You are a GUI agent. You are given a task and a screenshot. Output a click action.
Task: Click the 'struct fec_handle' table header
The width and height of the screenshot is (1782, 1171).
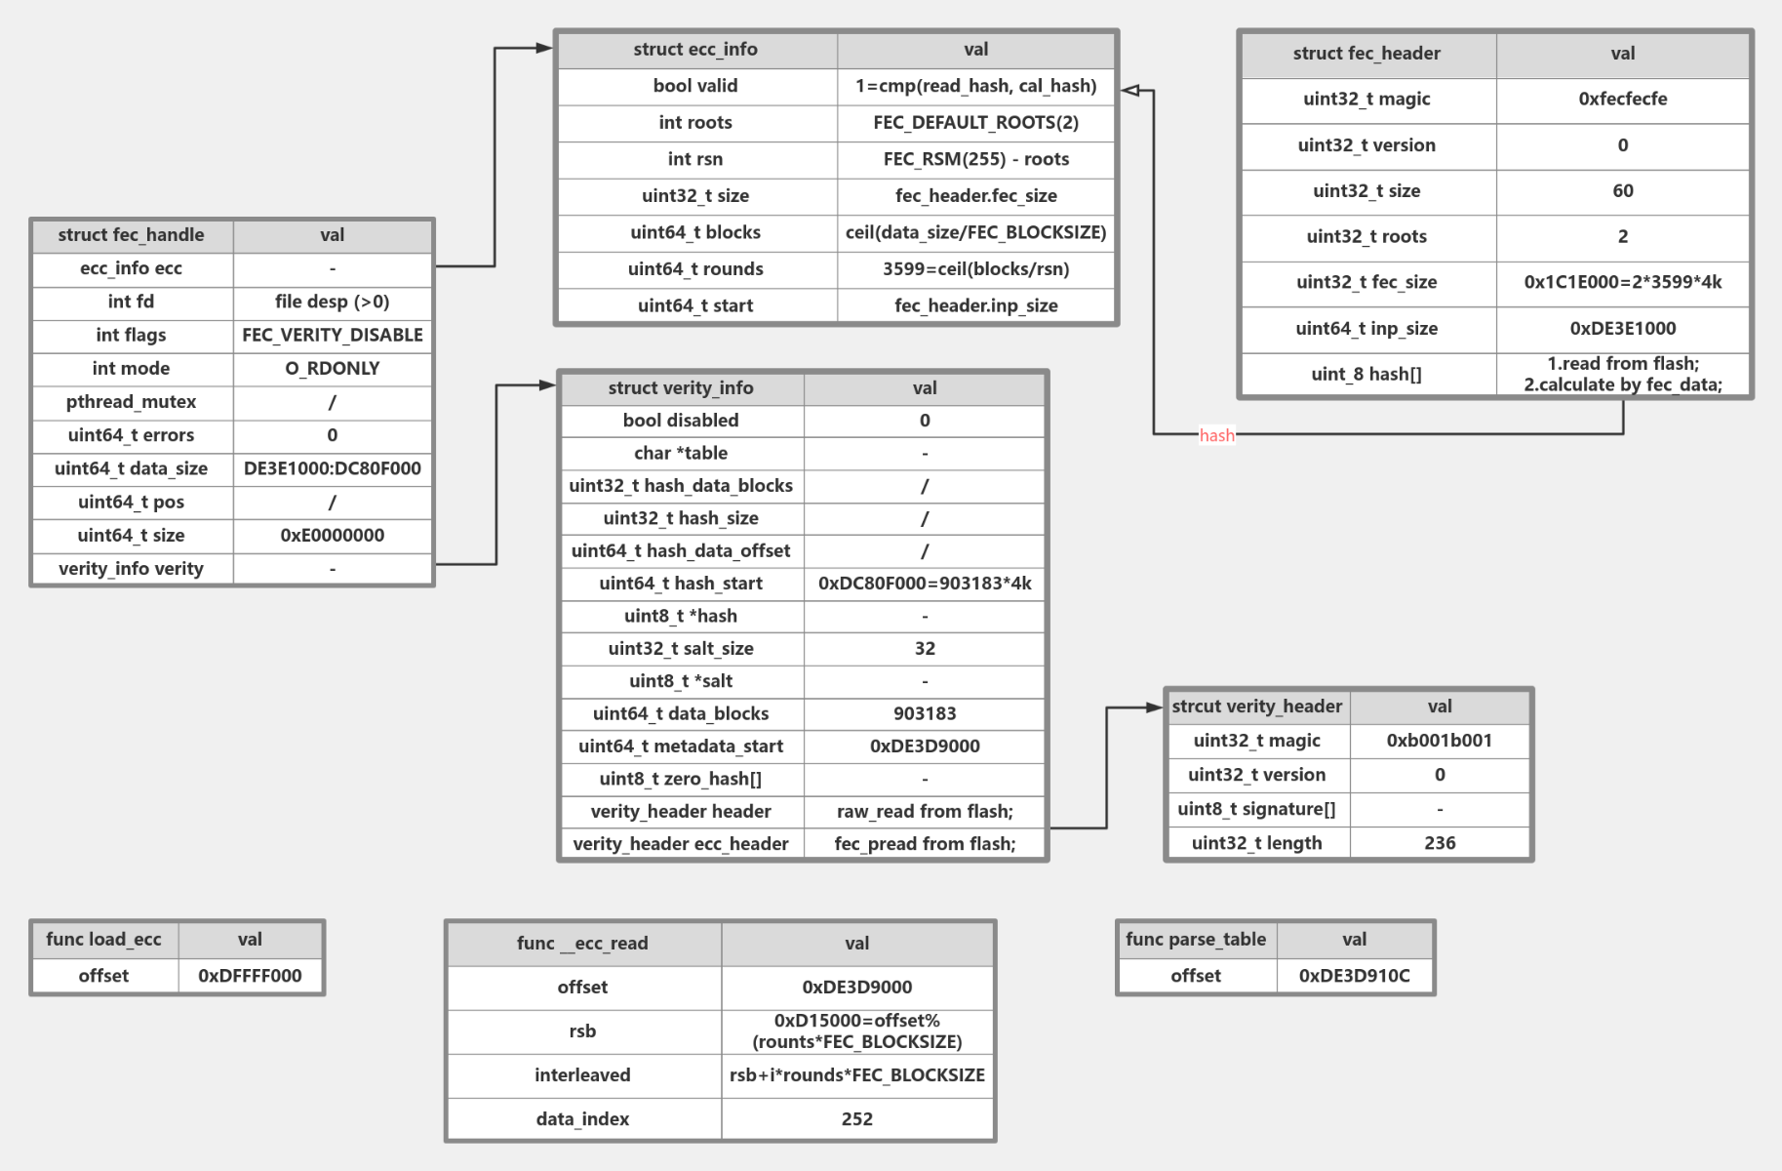pos(131,235)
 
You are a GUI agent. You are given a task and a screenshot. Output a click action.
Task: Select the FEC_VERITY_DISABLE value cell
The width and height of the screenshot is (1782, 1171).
pos(332,335)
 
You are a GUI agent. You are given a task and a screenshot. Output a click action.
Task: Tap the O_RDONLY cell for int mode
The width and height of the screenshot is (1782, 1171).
pos(332,368)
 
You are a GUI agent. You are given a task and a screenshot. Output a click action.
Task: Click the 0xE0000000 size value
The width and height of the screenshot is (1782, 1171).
pos(332,535)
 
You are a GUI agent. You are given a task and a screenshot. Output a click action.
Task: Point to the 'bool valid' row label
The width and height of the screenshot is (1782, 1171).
pos(694,86)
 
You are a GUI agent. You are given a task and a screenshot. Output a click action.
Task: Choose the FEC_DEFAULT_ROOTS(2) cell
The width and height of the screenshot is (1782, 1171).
pos(975,122)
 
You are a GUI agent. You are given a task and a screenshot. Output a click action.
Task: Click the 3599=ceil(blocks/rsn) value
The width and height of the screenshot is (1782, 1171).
pos(975,268)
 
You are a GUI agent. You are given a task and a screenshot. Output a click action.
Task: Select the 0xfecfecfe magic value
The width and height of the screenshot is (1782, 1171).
pos(1622,99)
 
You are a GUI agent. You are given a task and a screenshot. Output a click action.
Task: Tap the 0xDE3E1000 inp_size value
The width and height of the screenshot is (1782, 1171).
pos(1622,328)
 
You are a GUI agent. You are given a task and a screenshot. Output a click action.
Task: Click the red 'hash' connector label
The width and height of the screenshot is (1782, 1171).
pos(1216,435)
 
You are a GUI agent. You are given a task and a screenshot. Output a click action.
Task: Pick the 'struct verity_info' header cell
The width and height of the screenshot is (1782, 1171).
pos(680,387)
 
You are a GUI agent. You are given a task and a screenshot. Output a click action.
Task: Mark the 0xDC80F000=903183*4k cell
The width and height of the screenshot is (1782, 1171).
pos(924,583)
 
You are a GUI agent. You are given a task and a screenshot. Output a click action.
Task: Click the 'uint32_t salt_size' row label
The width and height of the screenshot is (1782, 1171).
pos(680,648)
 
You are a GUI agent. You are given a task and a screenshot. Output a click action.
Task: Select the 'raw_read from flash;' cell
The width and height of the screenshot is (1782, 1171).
pos(924,811)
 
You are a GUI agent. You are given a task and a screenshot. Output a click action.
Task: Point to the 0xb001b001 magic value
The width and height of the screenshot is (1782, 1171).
pos(1439,740)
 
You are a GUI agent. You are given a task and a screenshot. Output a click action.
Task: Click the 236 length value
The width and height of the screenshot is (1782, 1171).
pos(1439,842)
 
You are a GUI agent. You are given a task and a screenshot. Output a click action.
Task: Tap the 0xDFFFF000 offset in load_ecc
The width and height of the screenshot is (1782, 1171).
pos(250,975)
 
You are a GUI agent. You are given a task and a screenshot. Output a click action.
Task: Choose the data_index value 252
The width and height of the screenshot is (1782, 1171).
pos(856,1118)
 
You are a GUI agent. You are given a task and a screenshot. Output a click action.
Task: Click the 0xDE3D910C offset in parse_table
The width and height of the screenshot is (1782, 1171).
pos(1354,975)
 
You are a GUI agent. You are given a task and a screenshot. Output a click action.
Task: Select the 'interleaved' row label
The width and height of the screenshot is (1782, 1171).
pos(582,1074)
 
